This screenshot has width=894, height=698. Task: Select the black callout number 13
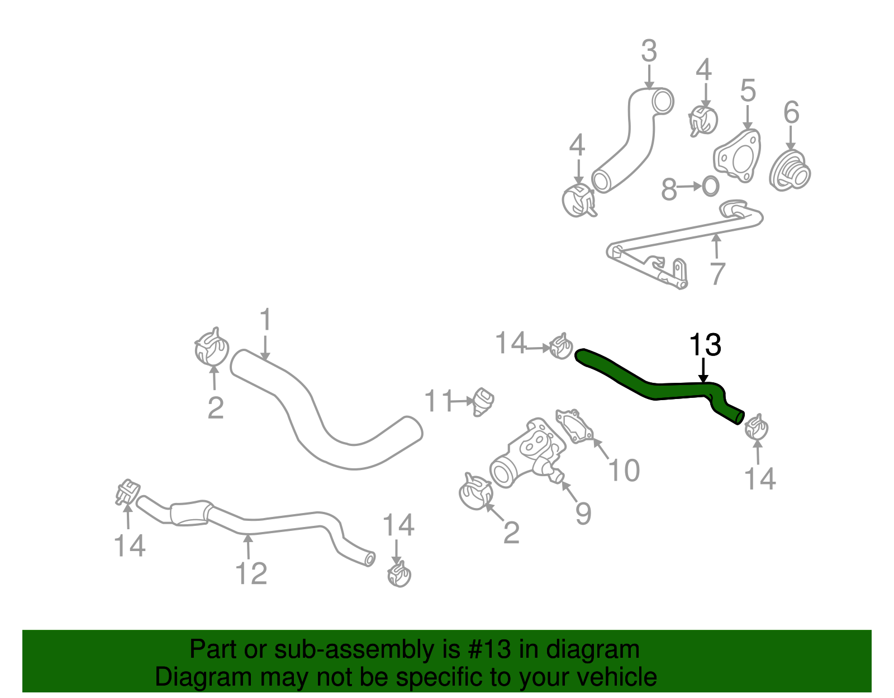pyautogui.click(x=705, y=345)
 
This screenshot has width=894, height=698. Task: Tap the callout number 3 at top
pyautogui.click(x=648, y=51)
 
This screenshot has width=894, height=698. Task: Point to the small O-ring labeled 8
pyautogui.click(x=710, y=187)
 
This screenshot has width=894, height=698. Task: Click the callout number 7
pyautogui.click(x=717, y=273)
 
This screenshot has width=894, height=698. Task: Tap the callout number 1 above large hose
pyautogui.click(x=265, y=320)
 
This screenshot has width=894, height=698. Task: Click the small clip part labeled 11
pyautogui.click(x=482, y=402)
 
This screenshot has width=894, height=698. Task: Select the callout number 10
pyautogui.click(x=624, y=470)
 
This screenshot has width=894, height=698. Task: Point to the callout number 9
pyautogui.click(x=583, y=513)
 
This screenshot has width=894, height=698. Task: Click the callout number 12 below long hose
pyautogui.click(x=251, y=573)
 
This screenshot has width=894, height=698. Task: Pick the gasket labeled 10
pyautogui.click(x=574, y=426)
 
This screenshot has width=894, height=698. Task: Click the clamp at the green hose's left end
pyautogui.click(x=560, y=346)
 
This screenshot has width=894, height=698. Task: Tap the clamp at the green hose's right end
pyautogui.click(x=757, y=428)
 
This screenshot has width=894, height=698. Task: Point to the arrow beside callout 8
pyautogui.click(x=691, y=187)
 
